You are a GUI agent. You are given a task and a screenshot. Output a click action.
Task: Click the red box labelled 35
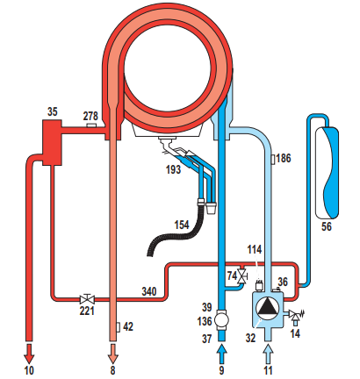(52, 142)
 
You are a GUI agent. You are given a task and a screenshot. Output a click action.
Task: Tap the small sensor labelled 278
(92, 125)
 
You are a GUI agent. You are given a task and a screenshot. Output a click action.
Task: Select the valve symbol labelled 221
(87, 299)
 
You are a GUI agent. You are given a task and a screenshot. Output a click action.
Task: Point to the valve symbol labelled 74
(242, 276)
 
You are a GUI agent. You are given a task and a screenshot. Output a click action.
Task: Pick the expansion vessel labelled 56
(327, 173)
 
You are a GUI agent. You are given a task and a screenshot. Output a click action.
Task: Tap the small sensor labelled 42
(118, 327)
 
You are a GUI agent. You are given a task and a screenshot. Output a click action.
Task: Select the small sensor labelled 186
(273, 160)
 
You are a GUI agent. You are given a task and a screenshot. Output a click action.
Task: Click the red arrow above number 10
(29, 354)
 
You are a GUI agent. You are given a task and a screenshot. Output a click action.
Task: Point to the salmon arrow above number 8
(112, 354)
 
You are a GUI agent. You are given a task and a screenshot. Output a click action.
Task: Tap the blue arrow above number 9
(222, 354)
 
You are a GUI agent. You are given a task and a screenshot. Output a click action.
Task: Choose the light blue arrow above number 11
(268, 354)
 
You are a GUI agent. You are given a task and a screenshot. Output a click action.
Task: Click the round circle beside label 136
(221, 320)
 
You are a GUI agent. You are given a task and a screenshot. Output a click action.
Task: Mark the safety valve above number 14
(294, 316)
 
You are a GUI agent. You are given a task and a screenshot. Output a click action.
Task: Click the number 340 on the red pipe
(149, 291)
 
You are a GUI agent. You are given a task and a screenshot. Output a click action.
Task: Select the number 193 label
(173, 169)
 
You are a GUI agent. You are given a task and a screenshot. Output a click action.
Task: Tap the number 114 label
(255, 249)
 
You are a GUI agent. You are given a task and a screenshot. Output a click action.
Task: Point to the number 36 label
(283, 282)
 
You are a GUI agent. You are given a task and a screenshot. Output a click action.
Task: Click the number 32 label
(250, 338)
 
